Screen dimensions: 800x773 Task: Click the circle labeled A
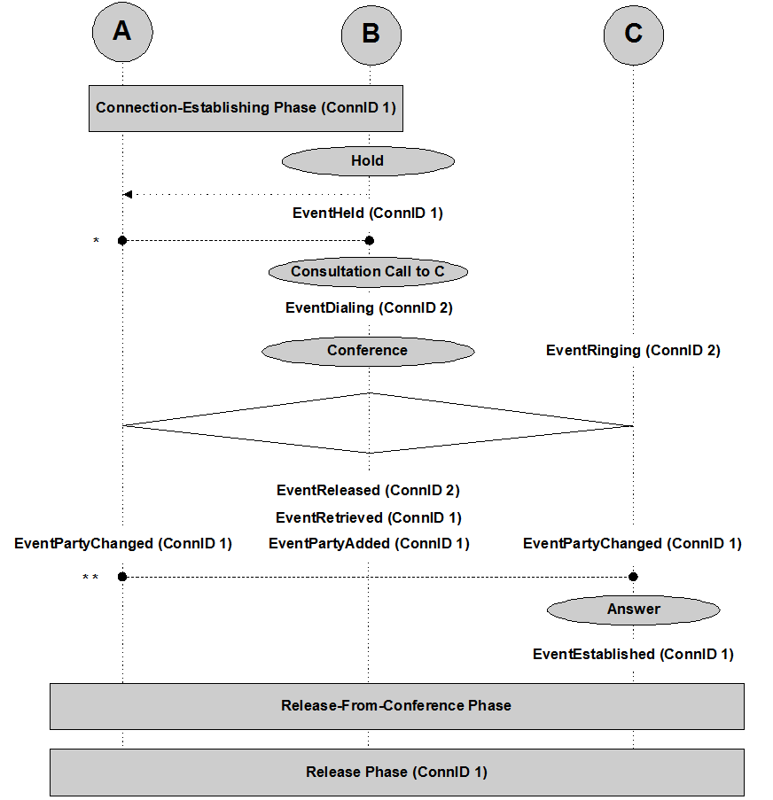click(122, 32)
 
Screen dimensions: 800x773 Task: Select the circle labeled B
click(371, 34)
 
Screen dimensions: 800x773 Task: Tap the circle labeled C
click(633, 34)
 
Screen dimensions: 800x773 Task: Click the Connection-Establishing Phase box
click(246, 108)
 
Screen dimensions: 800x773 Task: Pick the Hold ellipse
click(368, 161)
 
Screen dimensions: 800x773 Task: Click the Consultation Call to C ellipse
click(368, 272)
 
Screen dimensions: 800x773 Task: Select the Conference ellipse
click(368, 351)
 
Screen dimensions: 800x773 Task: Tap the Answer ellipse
click(633, 610)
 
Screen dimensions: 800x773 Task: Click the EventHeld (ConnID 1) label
click(368, 214)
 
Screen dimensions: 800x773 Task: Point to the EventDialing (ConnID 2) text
click(369, 308)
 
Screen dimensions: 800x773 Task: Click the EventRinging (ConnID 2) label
click(633, 351)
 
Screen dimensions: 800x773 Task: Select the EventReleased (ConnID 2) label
click(368, 490)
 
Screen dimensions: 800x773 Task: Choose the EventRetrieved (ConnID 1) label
click(369, 517)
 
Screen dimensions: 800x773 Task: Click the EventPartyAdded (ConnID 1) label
click(369, 544)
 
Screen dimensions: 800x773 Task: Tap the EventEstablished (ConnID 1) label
click(633, 655)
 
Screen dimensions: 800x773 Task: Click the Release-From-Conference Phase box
click(396, 706)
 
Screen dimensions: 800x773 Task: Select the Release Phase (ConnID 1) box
click(396, 773)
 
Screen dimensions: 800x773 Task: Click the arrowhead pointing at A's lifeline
click(128, 195)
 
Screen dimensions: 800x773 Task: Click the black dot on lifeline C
click(633, 577)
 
